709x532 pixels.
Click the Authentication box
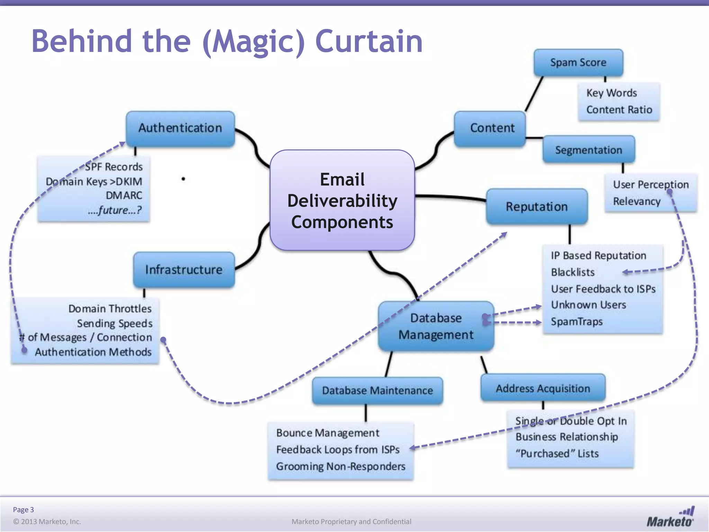[x=180, y=128]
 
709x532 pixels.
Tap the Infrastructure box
[x=184, y=269]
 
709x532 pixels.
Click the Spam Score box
[x=578, y=63]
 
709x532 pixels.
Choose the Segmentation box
[x=589, y=150]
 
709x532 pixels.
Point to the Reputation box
[x=537, y=207]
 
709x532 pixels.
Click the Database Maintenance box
[x=377, y=391]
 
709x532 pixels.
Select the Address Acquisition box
[x=543, y=388]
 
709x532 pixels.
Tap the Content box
[x=492, y=128]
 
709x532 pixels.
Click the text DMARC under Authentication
[x=124, y=195]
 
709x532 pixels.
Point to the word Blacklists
[x=573, y=272]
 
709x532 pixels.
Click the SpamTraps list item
[x=576, y=321]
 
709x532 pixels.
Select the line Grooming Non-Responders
[x=340, y=467]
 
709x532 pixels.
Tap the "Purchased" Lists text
[x=557, y=453]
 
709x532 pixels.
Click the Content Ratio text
[x=619, y=110]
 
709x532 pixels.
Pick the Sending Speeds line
[x=115, y=323]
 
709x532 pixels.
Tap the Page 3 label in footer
[x=24, y=509]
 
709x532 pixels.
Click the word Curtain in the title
[x=369, y=41]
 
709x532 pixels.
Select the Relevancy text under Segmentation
[x=637, y=201]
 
